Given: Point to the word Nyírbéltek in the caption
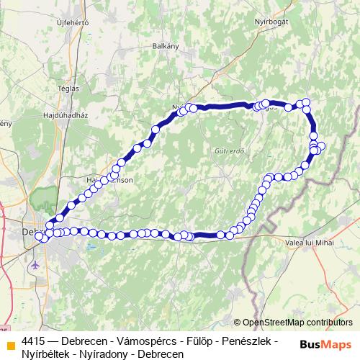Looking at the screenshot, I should click(48, 353).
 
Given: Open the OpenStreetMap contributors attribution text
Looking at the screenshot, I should click(297, 323).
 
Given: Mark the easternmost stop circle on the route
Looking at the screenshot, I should click(321, 146).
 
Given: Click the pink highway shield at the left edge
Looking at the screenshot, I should click(2, 207).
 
